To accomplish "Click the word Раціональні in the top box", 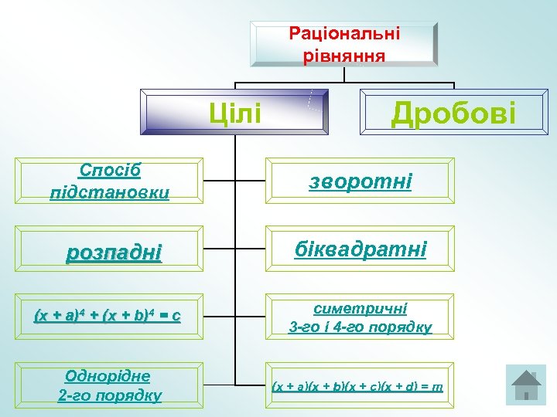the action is pyautogui.click(x=344, y=33).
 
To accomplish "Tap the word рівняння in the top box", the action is pyautogui.click(x=344, y=55).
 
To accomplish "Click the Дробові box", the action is pyautogui.click(x=453, y=113).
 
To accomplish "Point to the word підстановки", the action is pyautogui.click(x=109, y=192).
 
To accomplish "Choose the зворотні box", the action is pyautogui.click(x=361, y=182).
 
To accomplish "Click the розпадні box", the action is pyautogui.click(x=114, y=252).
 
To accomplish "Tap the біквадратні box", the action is pyautogui.click(x=361, y=250).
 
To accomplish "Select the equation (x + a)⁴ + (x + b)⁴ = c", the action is pyautogui.click(x=108, y=316).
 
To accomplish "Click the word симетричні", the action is pyautogui.click(x=361, y=307).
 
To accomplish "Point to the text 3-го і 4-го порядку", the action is pyautogui.click(x=361, y=327).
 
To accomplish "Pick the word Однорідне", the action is pyautogui.click(x=109, y=376).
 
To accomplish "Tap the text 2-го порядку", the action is pyautogui.click(x=109, y=395).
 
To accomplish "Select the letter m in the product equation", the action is pyautogui.click(x=437, y=385).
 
